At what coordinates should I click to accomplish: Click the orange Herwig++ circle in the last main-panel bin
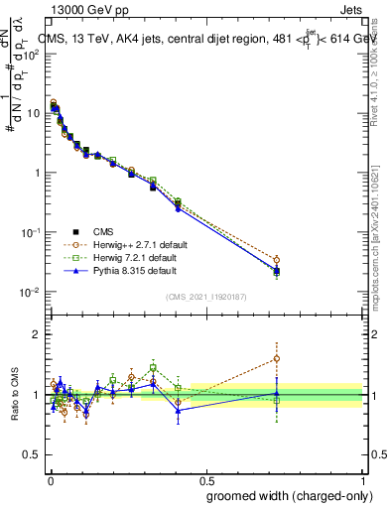tap(276, 260)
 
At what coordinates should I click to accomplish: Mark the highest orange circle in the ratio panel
tap(276, 358)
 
